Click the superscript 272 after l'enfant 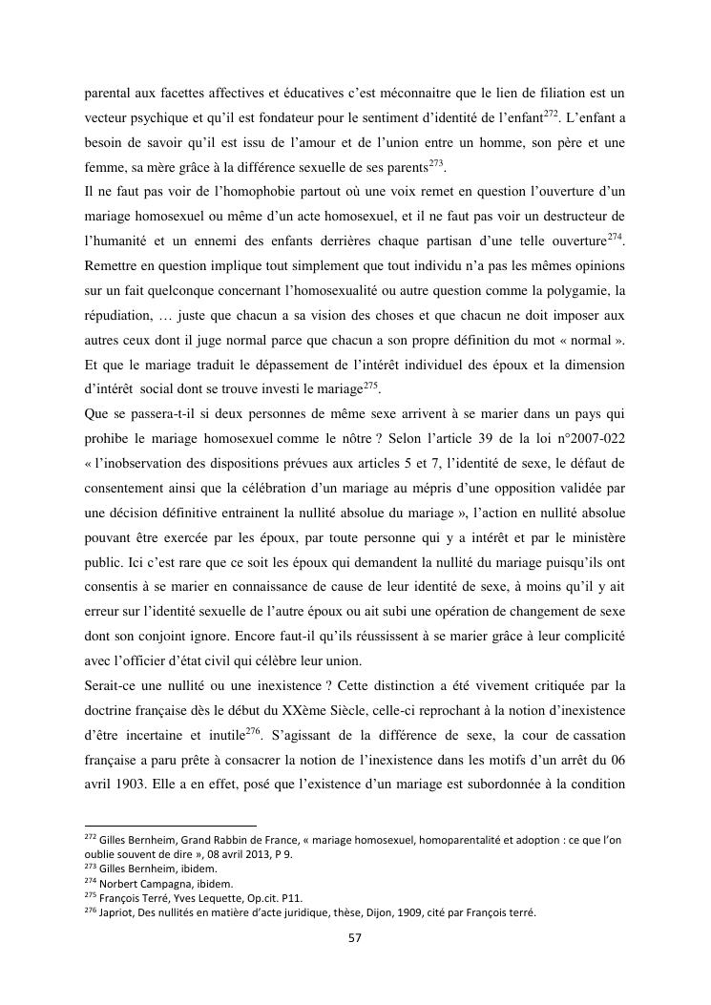(550, 115)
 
